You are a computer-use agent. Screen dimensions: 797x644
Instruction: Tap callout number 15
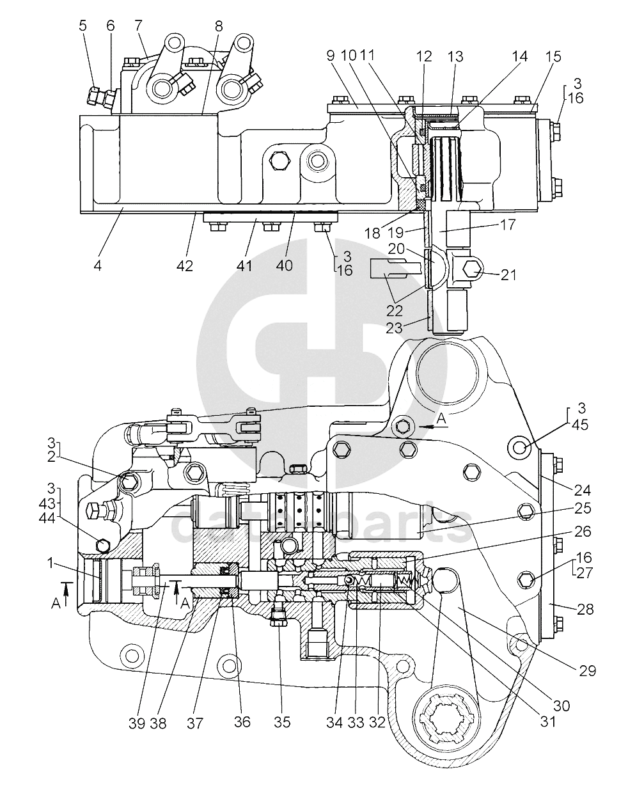click(553, 57)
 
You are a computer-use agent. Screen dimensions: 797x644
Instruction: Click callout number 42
click(185, 265)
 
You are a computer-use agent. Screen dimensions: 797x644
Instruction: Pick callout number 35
click(281, 722)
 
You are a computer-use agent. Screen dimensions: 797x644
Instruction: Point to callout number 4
click(97, 264)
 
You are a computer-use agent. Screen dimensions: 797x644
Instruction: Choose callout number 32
click(377, 722)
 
